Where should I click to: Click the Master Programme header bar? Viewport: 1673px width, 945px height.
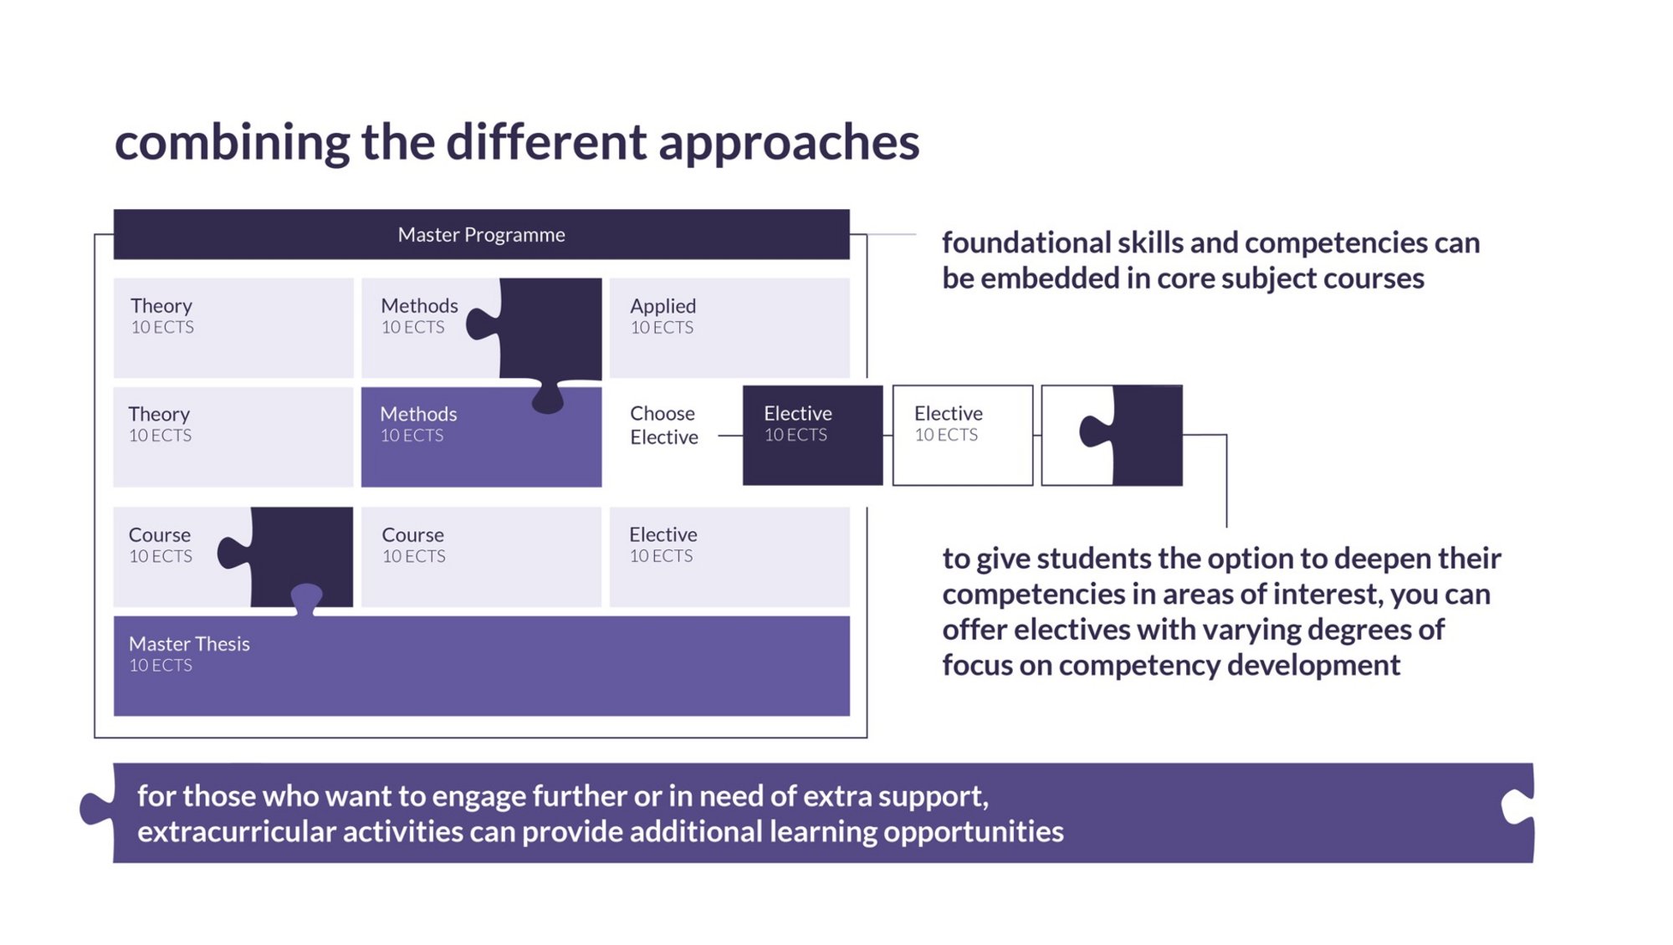tap(481, 234)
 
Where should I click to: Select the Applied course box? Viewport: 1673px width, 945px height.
tap(729, 328)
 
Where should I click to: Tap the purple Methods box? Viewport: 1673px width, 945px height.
tap(481, 437)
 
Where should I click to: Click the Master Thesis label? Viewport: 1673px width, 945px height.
tap(189, 644)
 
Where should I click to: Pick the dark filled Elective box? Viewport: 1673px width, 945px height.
tap(812, 435)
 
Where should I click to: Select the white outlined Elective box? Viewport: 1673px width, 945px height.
tap(963, 435)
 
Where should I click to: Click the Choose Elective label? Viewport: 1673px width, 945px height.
tap(663, 425)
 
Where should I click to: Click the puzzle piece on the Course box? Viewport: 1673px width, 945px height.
tap(293, 559)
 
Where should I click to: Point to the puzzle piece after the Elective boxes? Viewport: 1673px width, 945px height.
tap(1138, 435)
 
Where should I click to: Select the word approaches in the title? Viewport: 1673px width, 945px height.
tap(789, 143)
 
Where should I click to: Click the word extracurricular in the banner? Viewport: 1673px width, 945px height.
tap(236, 831)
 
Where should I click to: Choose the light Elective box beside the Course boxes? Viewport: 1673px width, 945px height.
tap(729, 557)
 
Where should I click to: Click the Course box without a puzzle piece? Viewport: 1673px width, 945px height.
tap(481, 557)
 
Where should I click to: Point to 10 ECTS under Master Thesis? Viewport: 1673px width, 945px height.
tap(161, 666)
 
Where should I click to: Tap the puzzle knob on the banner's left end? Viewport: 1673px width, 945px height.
tap(97, 807)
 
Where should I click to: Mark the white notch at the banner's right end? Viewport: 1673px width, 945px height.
tap(1517, 806)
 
